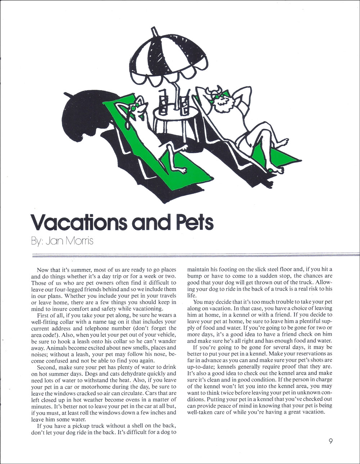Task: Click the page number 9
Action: pos(330,442)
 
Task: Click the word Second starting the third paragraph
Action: pos(46,367)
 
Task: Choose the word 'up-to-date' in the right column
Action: pos(201,367)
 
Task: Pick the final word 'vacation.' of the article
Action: pos(312,412)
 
